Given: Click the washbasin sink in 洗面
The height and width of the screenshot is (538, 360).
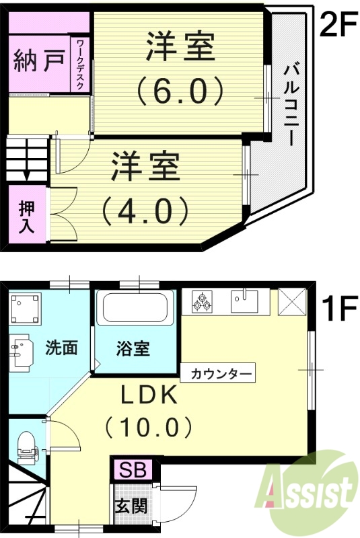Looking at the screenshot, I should point(20,351).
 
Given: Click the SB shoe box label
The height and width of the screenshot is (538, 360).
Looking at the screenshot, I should point(134,468).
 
